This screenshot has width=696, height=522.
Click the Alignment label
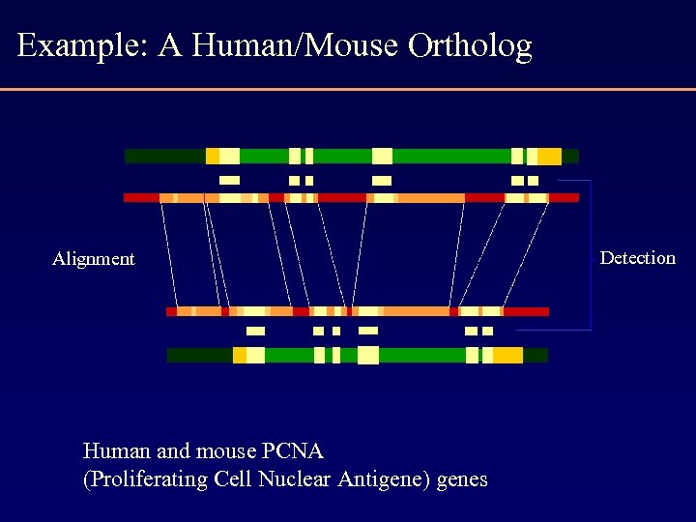pos(94,259)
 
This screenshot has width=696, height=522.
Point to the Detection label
pos(637,258)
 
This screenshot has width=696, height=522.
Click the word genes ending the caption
pos(462,480)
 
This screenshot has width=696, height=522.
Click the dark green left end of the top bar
pos(164,156)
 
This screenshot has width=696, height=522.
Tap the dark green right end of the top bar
pos(570,156)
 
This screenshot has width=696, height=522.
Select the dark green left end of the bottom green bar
pos(199,355)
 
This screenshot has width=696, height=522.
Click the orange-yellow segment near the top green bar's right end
pos(549,156)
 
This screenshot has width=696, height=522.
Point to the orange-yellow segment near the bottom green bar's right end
pos(507,355)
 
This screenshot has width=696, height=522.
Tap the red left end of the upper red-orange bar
pos(141,197)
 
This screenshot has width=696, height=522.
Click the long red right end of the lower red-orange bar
pos(526,311)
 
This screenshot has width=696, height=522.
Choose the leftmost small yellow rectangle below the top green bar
pos(229,180)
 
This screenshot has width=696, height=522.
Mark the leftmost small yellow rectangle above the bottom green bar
pos(255,331)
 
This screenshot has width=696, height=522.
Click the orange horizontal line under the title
pos(348,89)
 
